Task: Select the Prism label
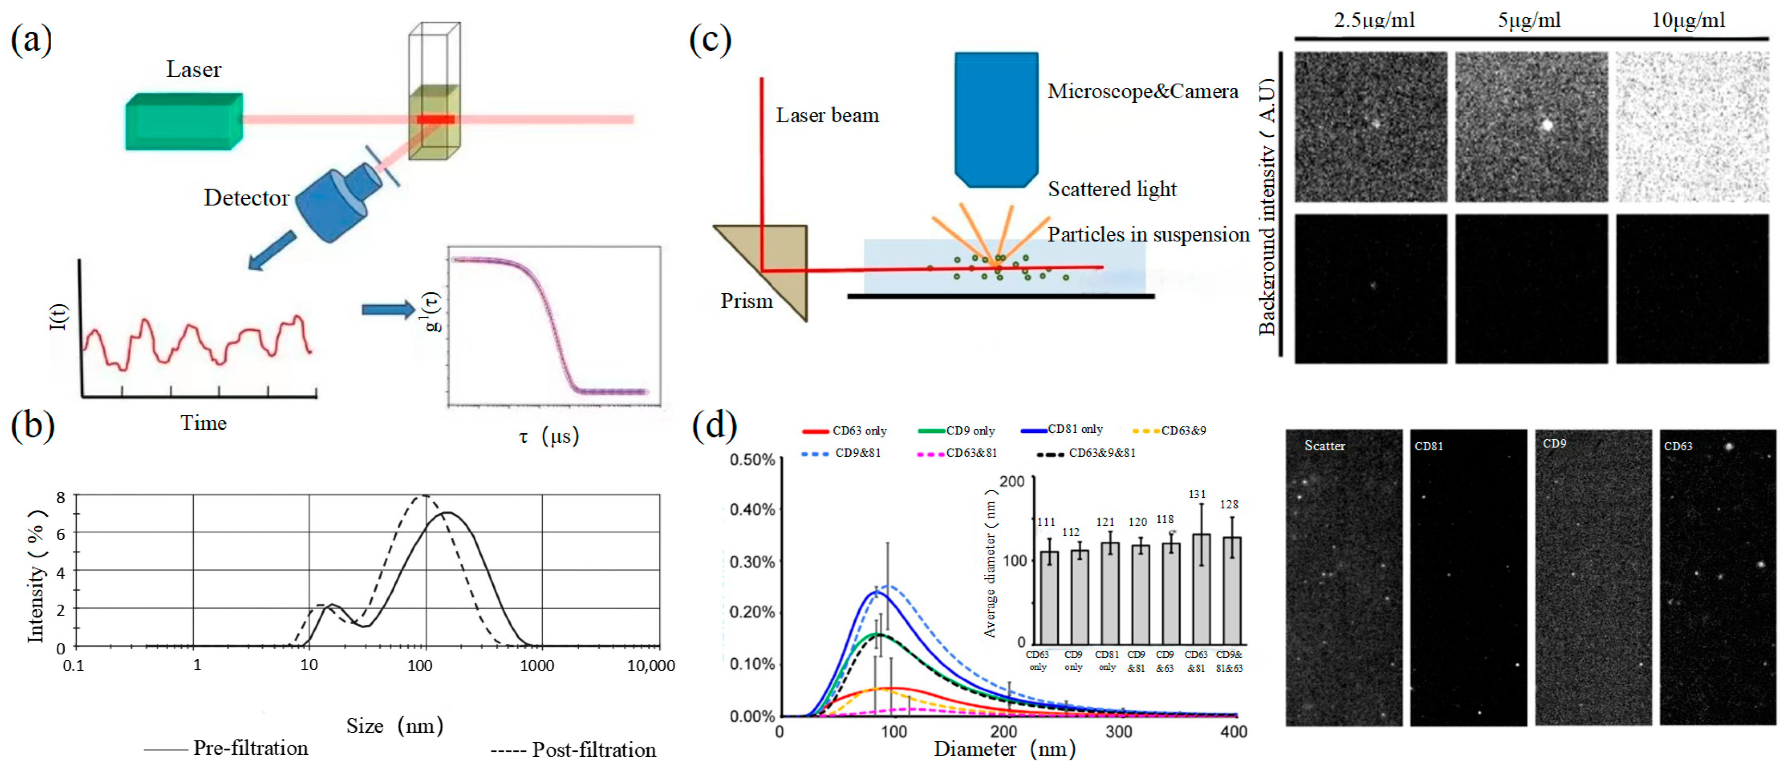point(746,301)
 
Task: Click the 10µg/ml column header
point(1688,21)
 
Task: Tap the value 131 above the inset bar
point(1197,494)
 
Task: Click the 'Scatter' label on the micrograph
point(1324,446)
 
